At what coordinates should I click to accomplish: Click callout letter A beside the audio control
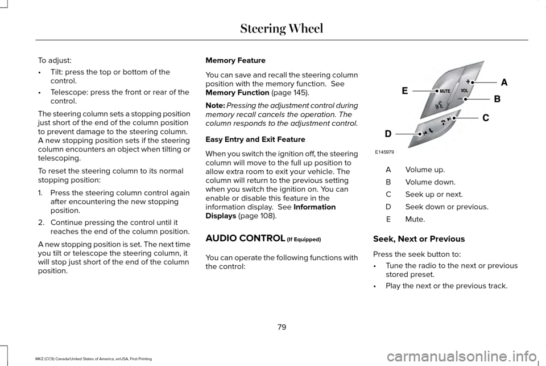click(503, 82)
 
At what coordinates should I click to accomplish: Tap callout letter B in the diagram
click(497, 98)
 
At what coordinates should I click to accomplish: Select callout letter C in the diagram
click(486, 118)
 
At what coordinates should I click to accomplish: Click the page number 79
click(282, 327)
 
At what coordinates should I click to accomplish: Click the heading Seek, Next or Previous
click(419, 238)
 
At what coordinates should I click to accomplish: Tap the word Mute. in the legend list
click(414, 219)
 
